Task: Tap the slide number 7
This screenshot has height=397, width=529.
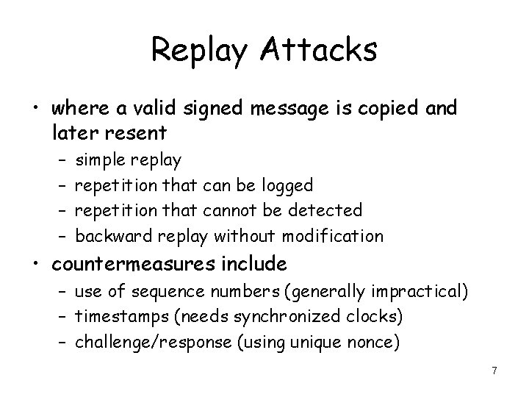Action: pos(494,371)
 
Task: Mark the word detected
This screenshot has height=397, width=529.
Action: pos(325,210)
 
